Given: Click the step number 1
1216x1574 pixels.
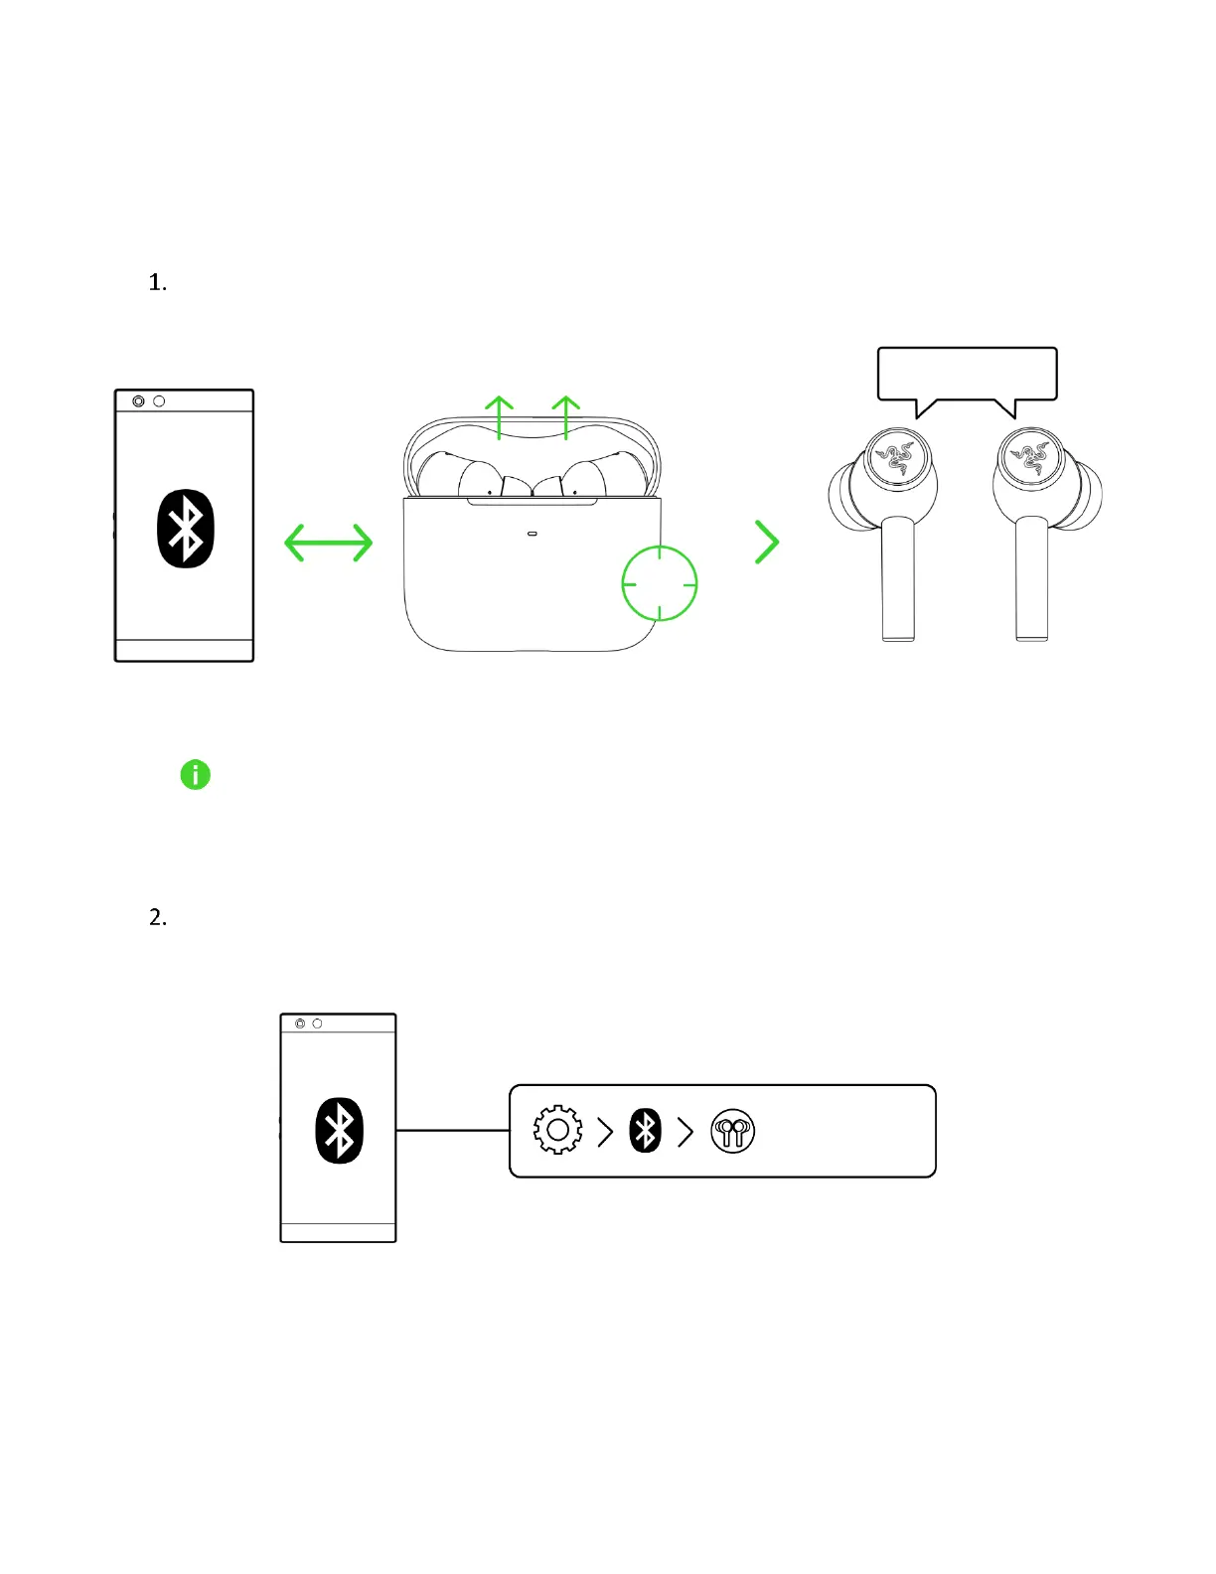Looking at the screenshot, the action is point(157,283).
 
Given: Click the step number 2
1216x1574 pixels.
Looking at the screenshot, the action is point(157,917).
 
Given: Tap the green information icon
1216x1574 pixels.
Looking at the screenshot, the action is point(196,775).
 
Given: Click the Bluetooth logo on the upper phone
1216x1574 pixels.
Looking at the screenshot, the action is point(186,529).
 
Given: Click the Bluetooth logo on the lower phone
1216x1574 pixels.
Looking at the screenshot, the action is point(339,1131).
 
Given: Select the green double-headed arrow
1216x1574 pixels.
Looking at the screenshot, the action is point(329,543).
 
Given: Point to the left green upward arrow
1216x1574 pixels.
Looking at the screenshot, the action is point(499,416).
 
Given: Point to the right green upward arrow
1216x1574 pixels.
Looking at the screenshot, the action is point(565,416).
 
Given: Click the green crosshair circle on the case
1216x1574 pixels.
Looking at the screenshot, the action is point(660,583).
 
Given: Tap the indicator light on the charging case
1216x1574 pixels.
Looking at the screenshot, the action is point(532,534).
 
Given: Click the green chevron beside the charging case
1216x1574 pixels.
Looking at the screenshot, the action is point(767,543).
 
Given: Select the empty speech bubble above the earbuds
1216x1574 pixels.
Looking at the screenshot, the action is point(967,374).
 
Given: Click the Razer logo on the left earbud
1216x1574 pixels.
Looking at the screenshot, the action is point(896,456).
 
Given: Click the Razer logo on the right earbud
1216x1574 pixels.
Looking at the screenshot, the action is point(1030,456).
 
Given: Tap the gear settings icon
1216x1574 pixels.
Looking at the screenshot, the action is point(557,1130).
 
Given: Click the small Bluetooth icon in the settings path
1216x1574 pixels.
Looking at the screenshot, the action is point(646,1131).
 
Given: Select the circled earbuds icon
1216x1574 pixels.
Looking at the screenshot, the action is point(733,1131).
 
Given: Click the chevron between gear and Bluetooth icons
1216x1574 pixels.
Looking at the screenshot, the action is point(605,1131).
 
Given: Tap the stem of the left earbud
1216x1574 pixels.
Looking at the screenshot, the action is point(898,581).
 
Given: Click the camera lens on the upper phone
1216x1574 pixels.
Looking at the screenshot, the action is point(138,401).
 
